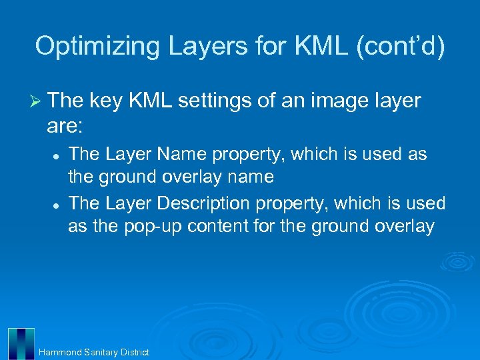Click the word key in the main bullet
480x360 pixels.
tap(105, 101)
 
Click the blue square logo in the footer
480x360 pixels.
tap(21, 343)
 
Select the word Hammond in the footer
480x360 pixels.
tap(59, 352)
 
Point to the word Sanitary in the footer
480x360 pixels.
tap(101, 352)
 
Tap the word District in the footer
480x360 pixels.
tap(135, 352)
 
